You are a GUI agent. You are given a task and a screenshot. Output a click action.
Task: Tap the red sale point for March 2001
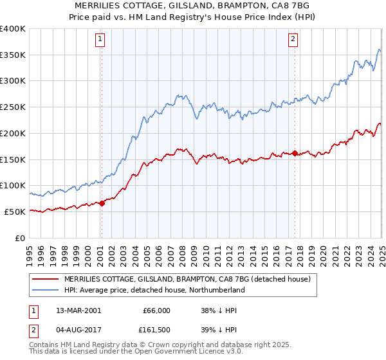click(102, 203)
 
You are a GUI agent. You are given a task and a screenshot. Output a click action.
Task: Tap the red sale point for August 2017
click(295, 153)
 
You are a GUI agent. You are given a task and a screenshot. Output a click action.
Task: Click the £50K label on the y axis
click(15, 212)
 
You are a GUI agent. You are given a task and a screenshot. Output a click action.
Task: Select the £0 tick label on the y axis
click(21, 238)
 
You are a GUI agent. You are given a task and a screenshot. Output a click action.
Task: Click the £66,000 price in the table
click(156, 310)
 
